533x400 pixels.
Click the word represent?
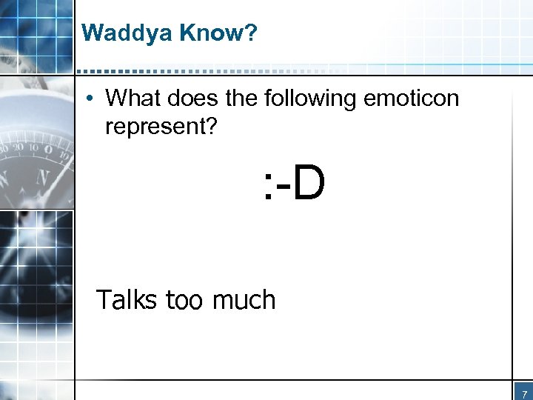(161, 127)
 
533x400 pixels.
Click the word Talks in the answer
(127, 300)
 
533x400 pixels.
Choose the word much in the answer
(244, 300)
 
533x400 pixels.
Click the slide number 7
(523, 393)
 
